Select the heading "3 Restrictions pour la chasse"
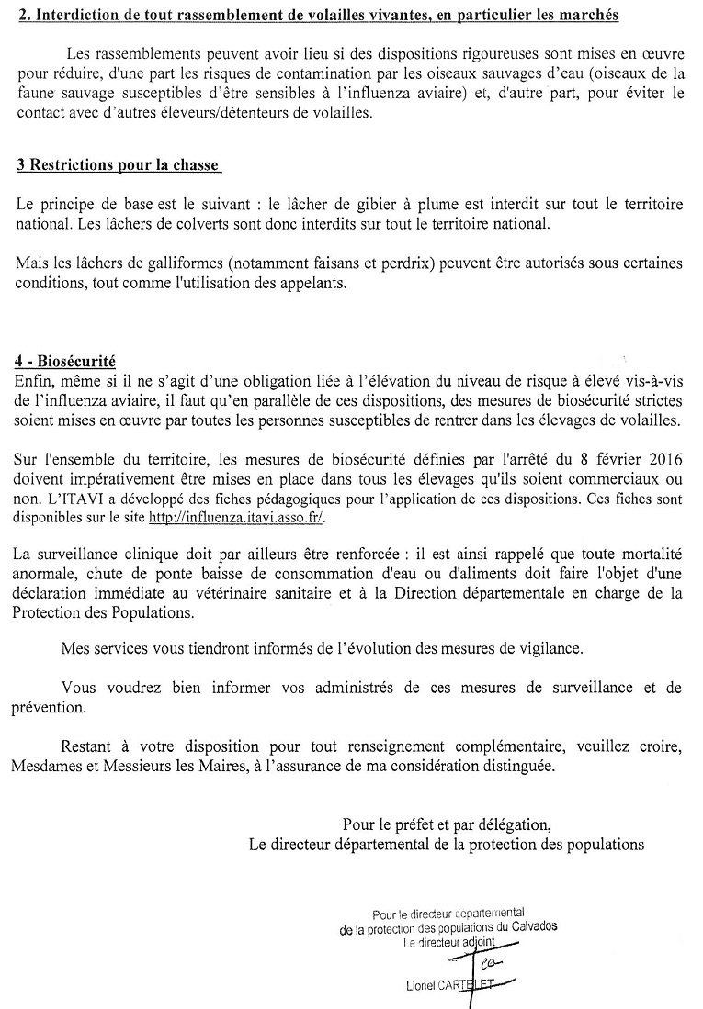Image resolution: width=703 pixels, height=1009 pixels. click(119, 165)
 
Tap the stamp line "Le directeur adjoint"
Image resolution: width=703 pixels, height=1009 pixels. click(448, 941)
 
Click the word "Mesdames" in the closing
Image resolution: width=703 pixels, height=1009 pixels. click(46, 766)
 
